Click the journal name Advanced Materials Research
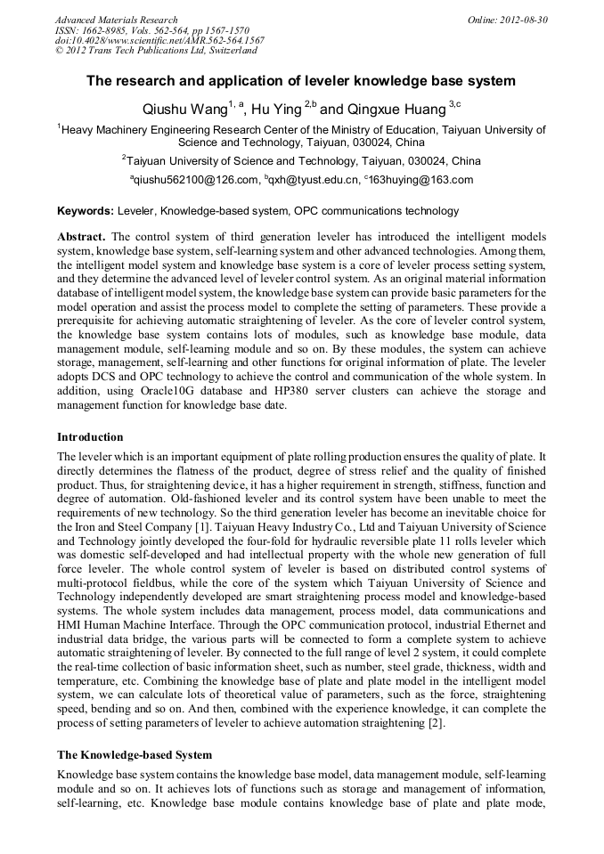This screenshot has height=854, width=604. click(116, 20)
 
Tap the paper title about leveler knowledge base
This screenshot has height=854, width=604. click(301, 81)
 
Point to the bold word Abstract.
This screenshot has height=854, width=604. click(81, 238)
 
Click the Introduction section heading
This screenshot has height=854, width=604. click(90, 437)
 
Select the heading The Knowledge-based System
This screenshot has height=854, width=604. click(134, 754)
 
